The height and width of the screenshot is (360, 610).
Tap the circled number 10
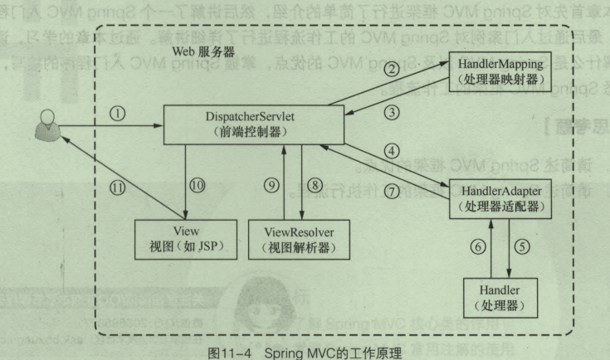pos(196,184)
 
